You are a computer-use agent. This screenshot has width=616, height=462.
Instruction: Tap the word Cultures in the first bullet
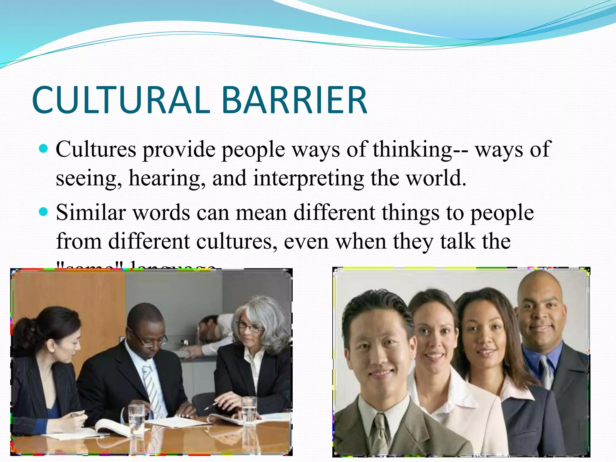96,149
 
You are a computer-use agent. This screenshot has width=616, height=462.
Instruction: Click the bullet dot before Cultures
44,148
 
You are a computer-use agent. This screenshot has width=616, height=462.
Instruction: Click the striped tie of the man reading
152,388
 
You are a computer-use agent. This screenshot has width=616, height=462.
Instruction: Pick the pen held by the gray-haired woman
212,406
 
